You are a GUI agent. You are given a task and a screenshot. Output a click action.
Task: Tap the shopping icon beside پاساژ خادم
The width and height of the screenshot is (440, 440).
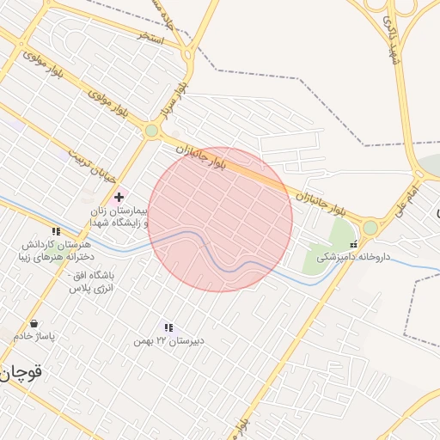pyautogui.click(x=34, y=324)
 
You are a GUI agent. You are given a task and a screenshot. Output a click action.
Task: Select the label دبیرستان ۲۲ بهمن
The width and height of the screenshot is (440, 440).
pyautogui.click(x=168, y=341)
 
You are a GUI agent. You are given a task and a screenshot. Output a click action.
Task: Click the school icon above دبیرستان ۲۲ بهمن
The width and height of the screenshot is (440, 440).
pyautogui.click(x=168, y=327)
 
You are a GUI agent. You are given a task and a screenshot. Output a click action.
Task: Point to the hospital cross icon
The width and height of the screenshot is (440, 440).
pyautogui.click(x=119, y=198)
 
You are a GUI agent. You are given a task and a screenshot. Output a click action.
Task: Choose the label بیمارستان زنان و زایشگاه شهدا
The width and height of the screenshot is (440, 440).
pyautogui.click(x=119, y=217)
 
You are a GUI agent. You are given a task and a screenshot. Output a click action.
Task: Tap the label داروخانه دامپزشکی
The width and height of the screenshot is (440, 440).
pyautogui.click(x=353, y=257)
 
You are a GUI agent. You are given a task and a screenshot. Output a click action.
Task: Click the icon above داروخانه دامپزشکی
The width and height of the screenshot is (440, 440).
pyautogui.click(x=353, y=244)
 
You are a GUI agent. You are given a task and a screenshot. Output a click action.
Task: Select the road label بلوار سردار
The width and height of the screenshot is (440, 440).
pyautogui.click(x=172, y=101)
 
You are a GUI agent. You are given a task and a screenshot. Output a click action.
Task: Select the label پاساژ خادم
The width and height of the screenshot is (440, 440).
pyautogui.click(x=34, y=336)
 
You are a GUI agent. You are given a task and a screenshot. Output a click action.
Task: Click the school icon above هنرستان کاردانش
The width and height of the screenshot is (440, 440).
pyautogui.click(x=56, y=231)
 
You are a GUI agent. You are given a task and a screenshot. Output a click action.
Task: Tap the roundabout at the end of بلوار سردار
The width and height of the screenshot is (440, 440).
pyautogui.click(x=152, y=131)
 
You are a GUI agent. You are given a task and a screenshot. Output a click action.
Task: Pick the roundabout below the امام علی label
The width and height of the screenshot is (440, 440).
pyautogui.click(x=370, y=228)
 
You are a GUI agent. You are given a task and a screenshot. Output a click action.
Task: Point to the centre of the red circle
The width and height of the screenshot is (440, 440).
pyautogui.click(x=220, y=220)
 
